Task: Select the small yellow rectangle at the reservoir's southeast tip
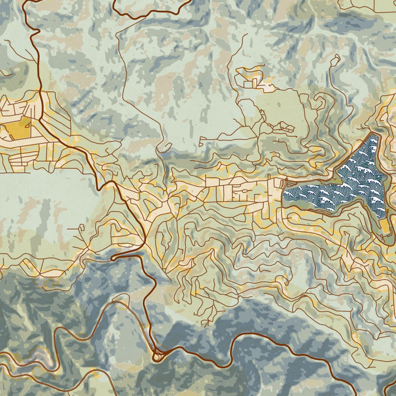tap(385, 226)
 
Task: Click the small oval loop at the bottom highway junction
tap(157, 356)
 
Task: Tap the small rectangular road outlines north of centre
tap(249, 79)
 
